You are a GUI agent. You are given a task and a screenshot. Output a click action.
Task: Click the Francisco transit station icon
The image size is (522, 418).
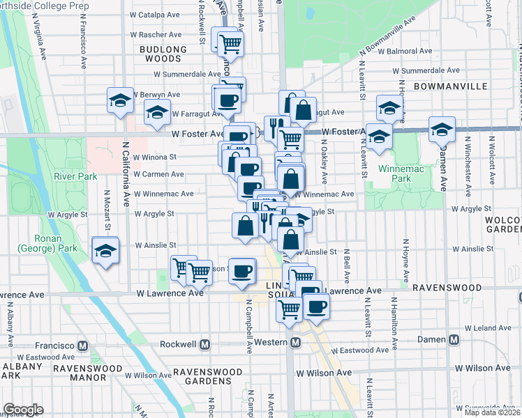pos(83,346)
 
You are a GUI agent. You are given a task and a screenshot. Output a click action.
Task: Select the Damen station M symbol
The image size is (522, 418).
pos(454,339)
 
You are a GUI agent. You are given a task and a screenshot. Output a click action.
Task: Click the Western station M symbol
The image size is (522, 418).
pos(295,343)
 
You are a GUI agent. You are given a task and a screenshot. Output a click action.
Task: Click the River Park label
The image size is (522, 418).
pos(80,176)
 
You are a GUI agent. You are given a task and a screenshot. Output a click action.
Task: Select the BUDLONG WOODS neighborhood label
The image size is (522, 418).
pos(163,54)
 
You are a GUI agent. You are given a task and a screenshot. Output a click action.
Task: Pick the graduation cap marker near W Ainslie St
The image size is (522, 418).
pos(106,250)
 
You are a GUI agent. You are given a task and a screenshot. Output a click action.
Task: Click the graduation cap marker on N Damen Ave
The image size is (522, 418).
pos(442,129)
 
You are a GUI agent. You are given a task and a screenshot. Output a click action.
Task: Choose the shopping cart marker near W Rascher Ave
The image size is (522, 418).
pos(230,45)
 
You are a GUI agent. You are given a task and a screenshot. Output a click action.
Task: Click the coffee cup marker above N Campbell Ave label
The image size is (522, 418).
pos(242,271)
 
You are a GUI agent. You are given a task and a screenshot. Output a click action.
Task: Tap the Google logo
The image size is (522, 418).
pos(23,410)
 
